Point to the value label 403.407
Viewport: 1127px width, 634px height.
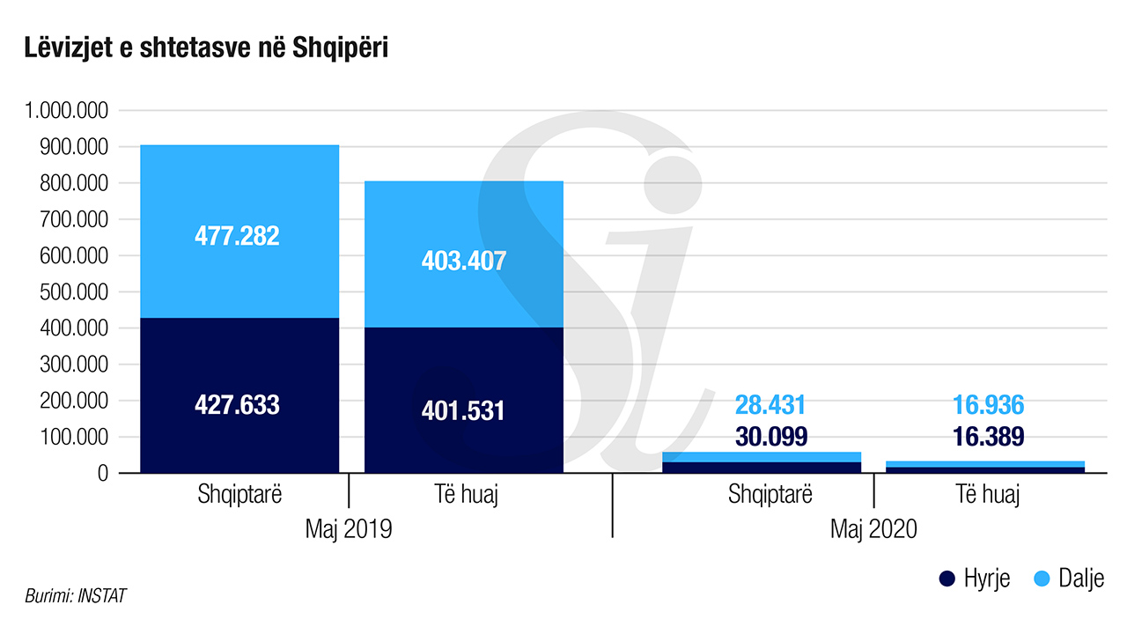464,262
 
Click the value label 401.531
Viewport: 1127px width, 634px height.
464,410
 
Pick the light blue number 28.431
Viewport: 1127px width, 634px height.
770,405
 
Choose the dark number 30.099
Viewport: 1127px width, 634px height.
770,437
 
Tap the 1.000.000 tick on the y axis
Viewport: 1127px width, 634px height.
67,111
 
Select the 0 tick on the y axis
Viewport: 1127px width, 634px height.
102,474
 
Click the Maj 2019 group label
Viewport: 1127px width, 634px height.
349,529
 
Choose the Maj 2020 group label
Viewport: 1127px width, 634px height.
873,529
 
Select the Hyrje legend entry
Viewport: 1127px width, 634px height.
974,579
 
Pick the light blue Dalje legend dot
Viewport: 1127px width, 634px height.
1040,579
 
